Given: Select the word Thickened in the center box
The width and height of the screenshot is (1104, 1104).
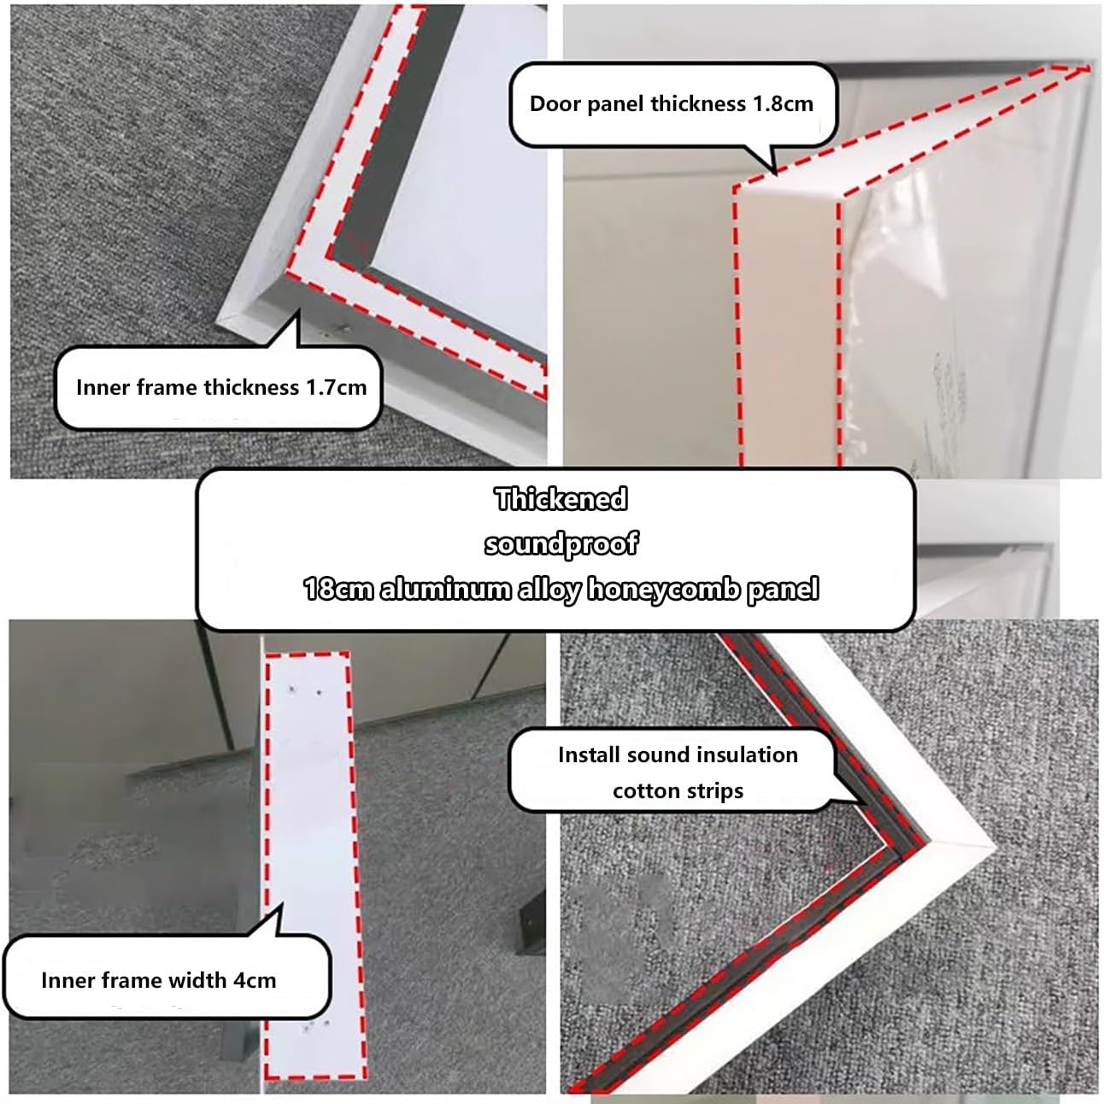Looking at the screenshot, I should (561, 499).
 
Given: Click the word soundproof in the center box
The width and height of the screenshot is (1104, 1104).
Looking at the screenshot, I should (561, 543).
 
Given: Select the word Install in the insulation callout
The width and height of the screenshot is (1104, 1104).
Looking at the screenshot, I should (589, 755).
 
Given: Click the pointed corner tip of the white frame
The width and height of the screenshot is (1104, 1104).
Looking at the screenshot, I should (994, 849).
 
